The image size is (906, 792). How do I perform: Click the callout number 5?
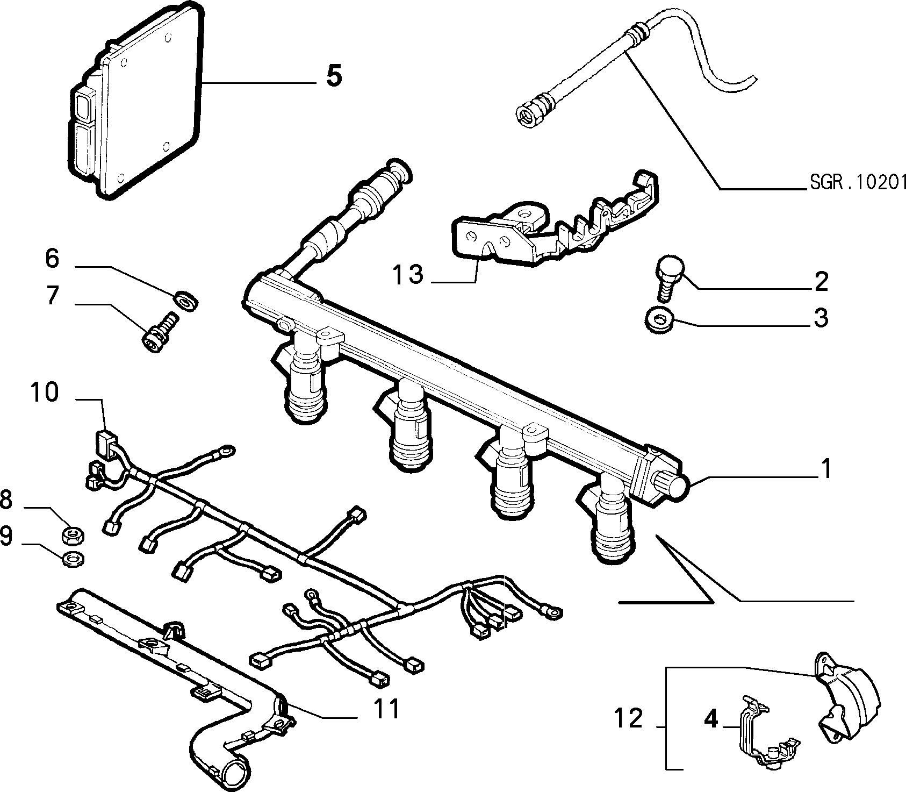(334, 76)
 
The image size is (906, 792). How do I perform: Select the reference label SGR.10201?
(858, 183)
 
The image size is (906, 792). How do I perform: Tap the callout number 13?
(407, 276)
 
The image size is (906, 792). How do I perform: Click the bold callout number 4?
(710, 719)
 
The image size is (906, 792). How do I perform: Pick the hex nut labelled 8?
(71, 535)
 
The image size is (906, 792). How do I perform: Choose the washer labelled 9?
(71, 559)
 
